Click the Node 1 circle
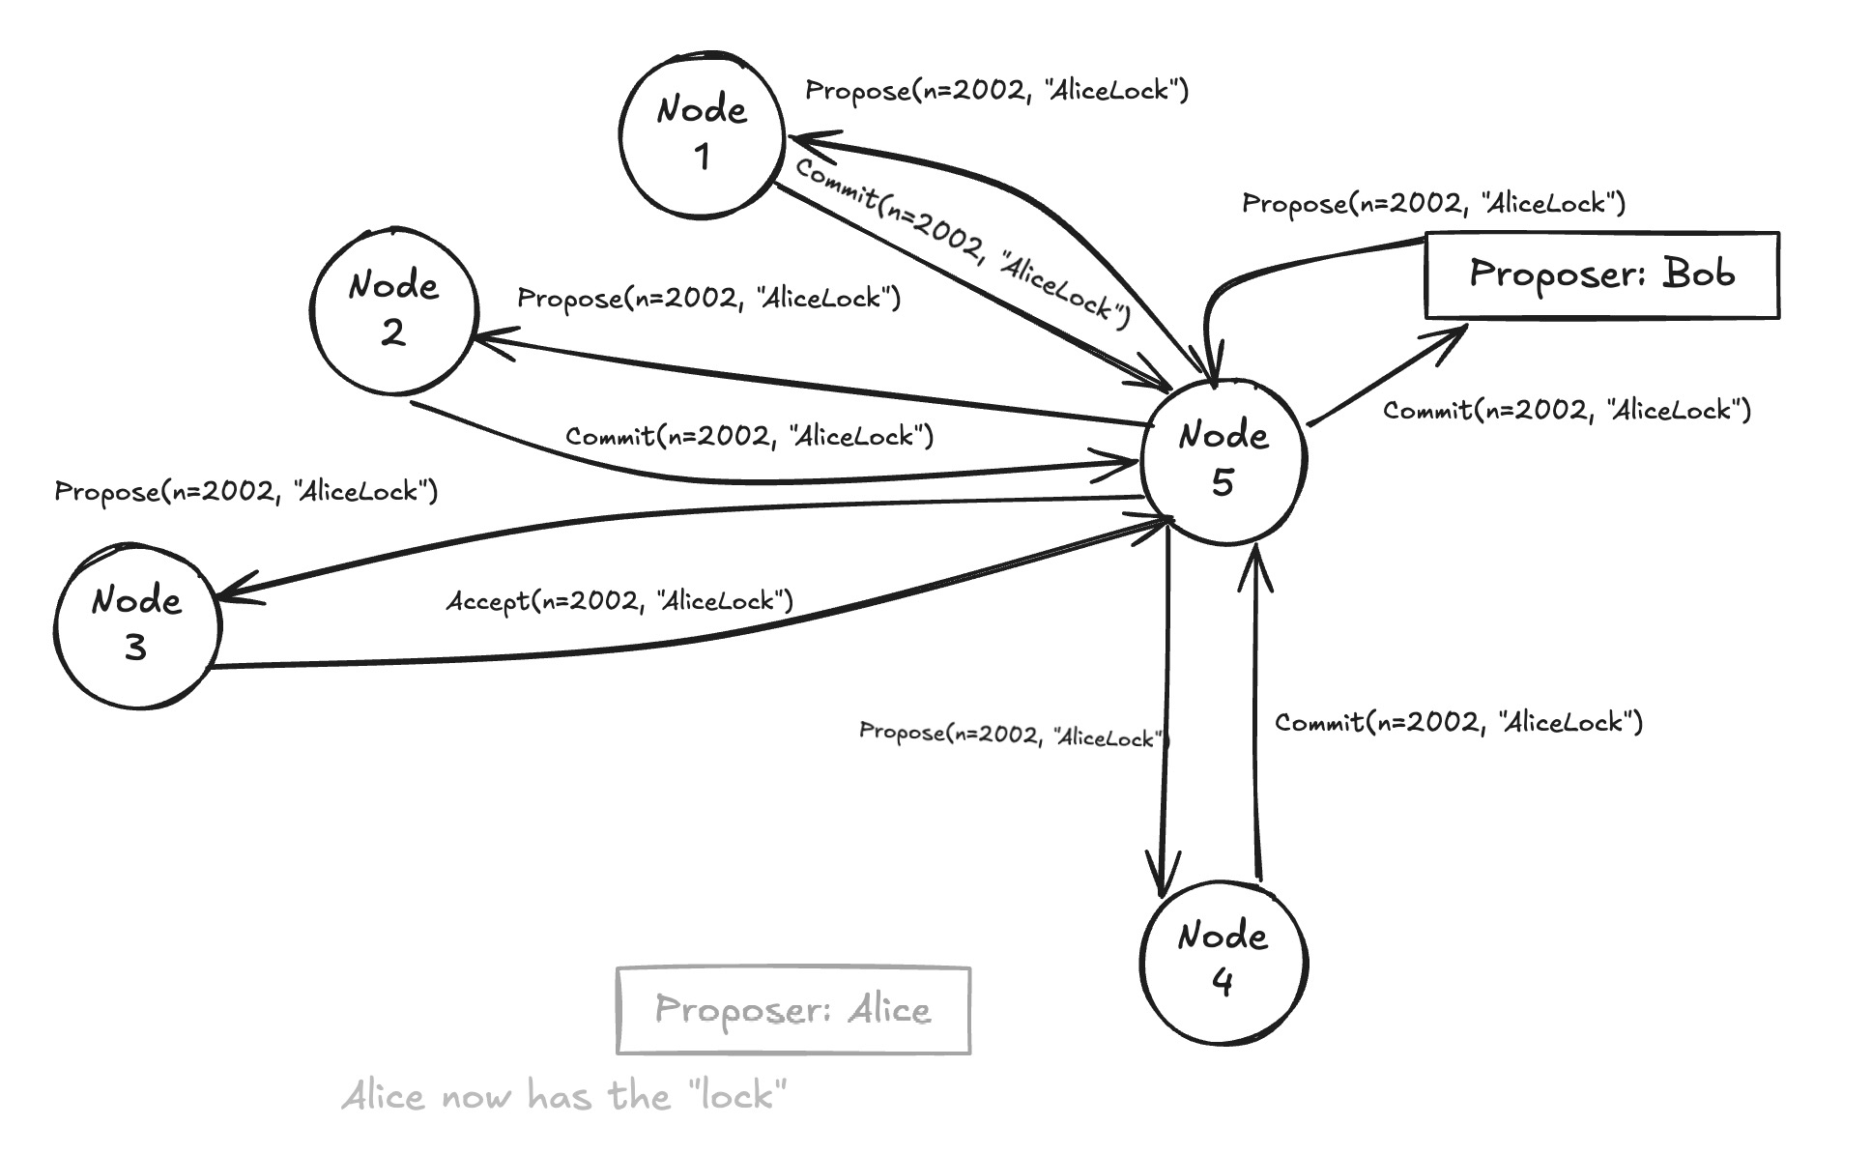[x=702, y=134]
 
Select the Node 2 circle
[x=394, y=310]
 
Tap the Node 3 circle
[x=137, y=625]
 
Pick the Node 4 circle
[x=1223, y=961]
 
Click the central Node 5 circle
[x=1223, y=460]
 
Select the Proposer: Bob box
[x=1601, y=274]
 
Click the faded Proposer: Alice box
[x=792, y=1010]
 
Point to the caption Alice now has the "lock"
[x=564, y=1097]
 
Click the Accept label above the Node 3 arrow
[x=619, y=601]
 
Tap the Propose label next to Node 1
[x=996, y=91]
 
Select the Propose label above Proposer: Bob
[x=1433, y=203]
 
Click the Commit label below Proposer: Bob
[x=1567, y=410]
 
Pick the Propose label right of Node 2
[x=708, y=298]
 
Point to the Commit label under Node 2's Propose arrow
[x=749, y=436]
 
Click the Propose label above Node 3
[x=245, y=491]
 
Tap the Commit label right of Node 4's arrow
[x=1458, y=722]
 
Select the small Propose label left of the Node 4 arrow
[x=1013, y=735]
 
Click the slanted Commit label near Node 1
[x=963, y=244]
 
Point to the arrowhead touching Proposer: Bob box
[x=1454, y=334]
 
